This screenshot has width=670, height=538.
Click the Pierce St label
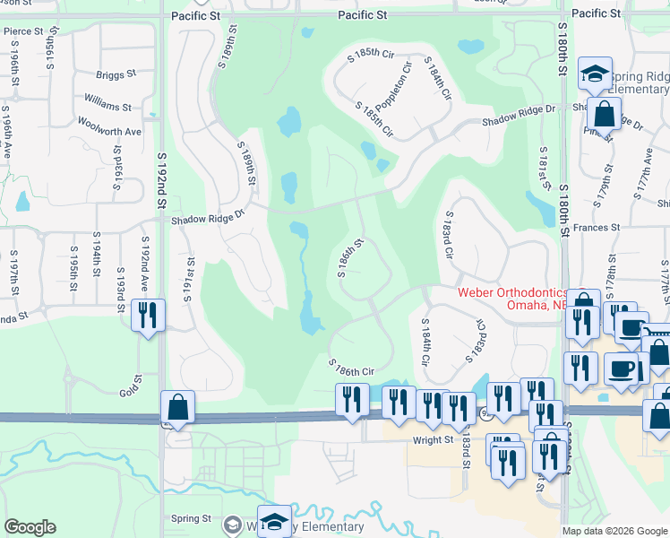pyautogui.click(x=23, y=31)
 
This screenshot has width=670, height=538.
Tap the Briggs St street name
pyautogui.click(x=116, y=76)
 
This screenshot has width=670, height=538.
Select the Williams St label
pyautogui.click(x=108, y=106)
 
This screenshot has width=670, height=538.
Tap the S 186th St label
pyautogui.click(x=350, y=258)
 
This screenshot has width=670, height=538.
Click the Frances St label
pyautogui.click(x=597, y=229)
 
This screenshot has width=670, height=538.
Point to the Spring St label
pyautogui.click(x=191, y=518)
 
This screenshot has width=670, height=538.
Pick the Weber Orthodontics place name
pyautogui.click(x=511, y=292)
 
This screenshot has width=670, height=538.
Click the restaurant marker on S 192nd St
pyautogui.click(x=147, y=316)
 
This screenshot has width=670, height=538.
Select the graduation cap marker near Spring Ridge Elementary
pyautogui.click(x=594, y=75)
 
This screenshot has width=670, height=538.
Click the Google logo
pyautogui.click(x=30, y=527)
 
